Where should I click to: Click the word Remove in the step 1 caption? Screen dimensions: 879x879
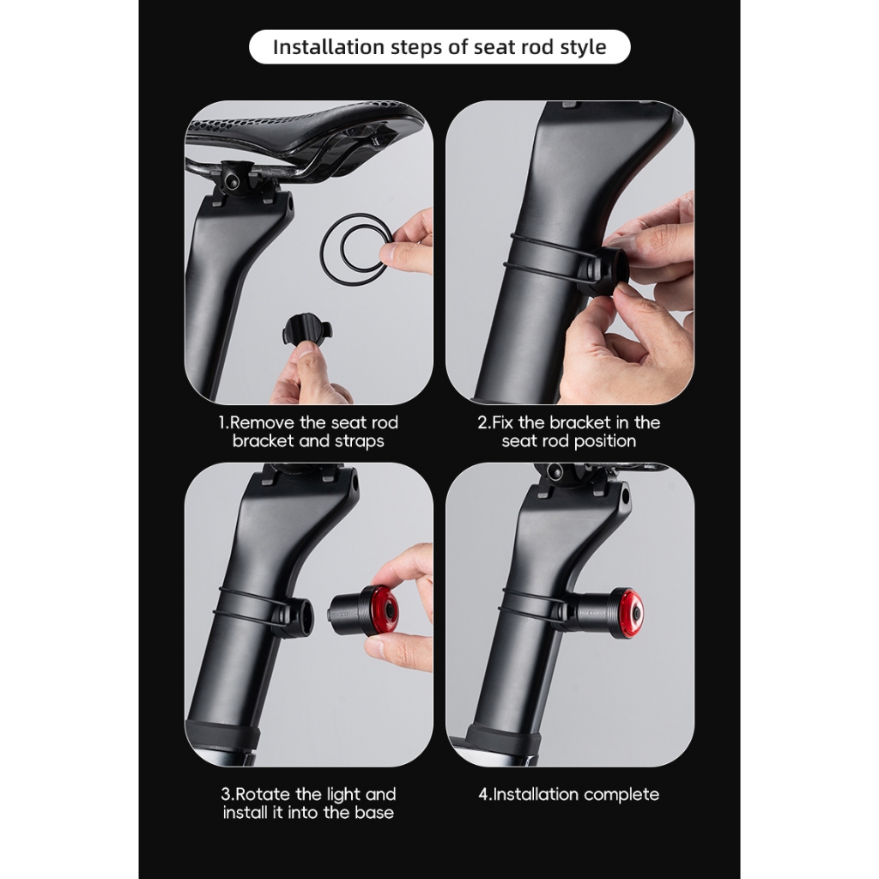point(262,422)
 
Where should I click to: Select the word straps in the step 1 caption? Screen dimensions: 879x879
point(360,441)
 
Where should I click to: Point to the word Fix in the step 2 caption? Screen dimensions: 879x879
point(503,422)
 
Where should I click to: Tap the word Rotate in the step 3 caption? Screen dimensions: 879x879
point(263,794)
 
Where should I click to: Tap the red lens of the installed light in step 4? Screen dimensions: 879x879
point(632,614)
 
